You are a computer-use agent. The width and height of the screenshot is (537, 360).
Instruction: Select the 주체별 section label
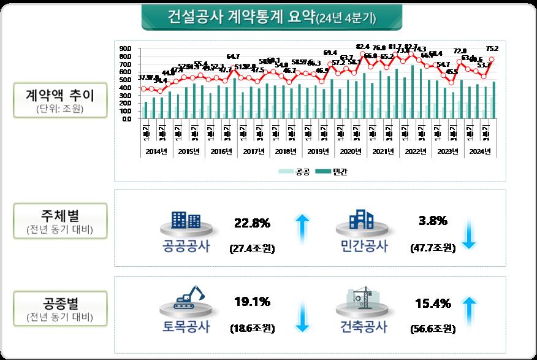pos(59,218)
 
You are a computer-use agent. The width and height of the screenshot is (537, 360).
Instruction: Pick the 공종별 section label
pos(59,304)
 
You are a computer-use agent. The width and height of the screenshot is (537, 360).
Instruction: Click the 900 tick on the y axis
pos(126,48)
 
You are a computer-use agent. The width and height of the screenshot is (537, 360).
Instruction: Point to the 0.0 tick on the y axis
pos(126,119)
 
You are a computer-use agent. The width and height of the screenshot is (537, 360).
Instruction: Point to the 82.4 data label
pos(363,47)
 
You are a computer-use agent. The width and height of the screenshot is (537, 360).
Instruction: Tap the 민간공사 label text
pos(364,246)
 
